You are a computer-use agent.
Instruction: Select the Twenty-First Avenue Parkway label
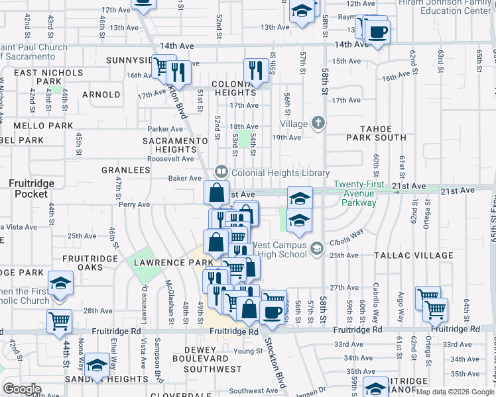pyautogui.click(x=364, y=193)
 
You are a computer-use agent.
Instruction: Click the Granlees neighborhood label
pyautogui.click(x=126, y=170)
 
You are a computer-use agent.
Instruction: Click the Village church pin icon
pyautogui.click(x=318, y=122)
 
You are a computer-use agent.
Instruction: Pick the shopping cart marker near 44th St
pyautogui.click(x=60, y=322)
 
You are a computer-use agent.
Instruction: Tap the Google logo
pyautogui.click(x=22, y=389)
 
